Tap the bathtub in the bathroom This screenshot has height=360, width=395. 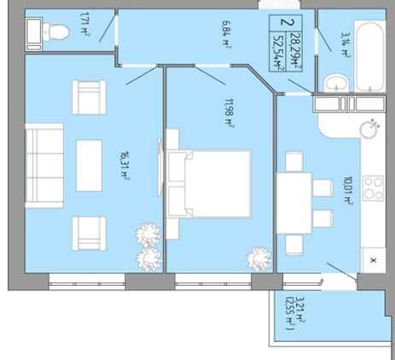(x=369, y=57)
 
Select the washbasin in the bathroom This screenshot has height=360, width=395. (x=336, y=83)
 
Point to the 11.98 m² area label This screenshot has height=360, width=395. (x=229, y=113)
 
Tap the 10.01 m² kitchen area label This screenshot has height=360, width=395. (x=348, y=190)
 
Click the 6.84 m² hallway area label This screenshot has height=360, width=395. (x=225, y=35)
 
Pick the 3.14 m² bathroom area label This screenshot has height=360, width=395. (x=345, y=45)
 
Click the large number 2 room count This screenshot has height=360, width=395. (x=283, y=22)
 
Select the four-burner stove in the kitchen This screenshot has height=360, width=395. (x=374, y=188)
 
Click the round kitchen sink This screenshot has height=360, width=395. (x=369, y=129)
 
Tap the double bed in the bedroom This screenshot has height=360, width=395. (x=209, y=184)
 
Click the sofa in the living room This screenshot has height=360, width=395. (x=44, y=165)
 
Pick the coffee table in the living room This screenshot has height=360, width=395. (x=89, y=165)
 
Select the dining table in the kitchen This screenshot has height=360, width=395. (x=294, y=203)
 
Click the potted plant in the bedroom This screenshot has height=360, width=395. (x=259, y=259)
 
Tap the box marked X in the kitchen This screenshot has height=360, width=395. (x=374, y=260)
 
